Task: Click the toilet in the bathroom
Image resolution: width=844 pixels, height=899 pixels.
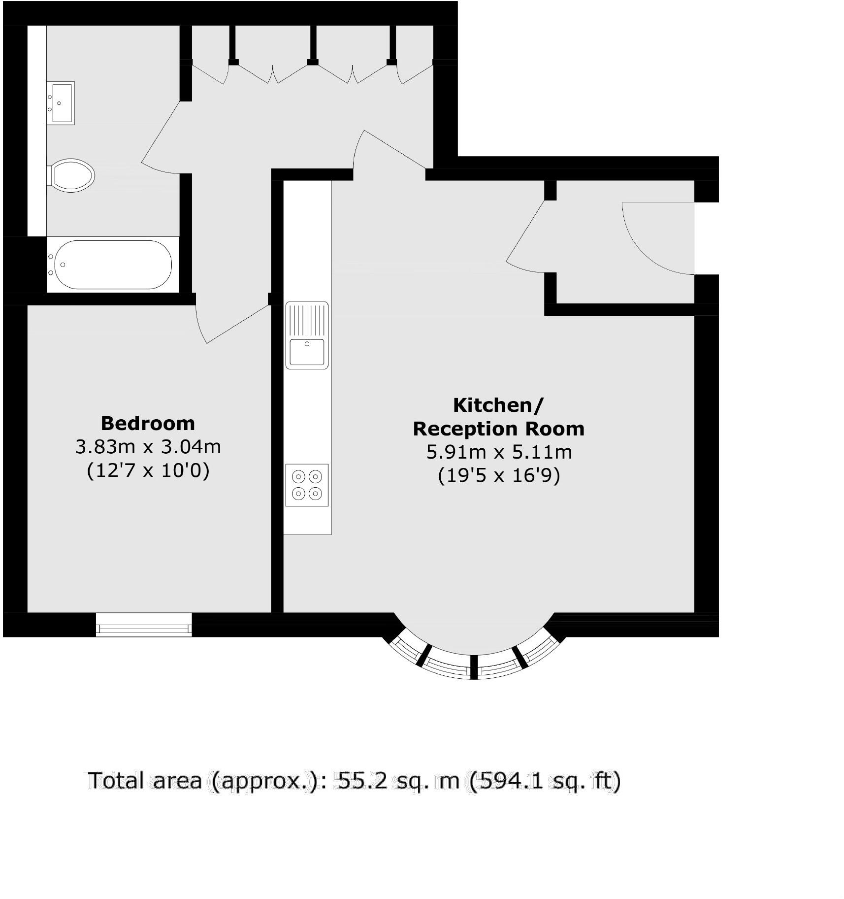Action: (x=72, y=175)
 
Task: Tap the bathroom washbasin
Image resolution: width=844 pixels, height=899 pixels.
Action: (x=62, y=103)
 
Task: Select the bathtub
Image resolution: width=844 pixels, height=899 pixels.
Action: (x=113, y=265)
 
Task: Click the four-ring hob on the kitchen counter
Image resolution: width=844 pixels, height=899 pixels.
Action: (x=307, y=485)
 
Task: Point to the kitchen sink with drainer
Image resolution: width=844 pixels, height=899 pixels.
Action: (x=307, y=335)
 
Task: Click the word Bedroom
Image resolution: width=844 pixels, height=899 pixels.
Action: (x=148, y=423)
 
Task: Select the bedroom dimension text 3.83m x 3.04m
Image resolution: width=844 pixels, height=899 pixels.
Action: (x=148, y=447)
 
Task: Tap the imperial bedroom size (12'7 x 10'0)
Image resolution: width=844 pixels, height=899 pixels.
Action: (x=148, y=470)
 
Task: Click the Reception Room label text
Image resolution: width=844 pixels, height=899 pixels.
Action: (x=498, y=429)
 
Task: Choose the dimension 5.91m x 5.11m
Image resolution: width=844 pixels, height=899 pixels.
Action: (x=498, y=452)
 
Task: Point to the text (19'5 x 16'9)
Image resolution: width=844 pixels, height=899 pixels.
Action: (x=498, y=475)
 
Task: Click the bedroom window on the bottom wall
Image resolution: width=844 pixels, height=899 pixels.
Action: (x=144, y=625)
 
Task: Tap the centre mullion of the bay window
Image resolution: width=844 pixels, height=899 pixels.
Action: (x=474, y=667)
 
